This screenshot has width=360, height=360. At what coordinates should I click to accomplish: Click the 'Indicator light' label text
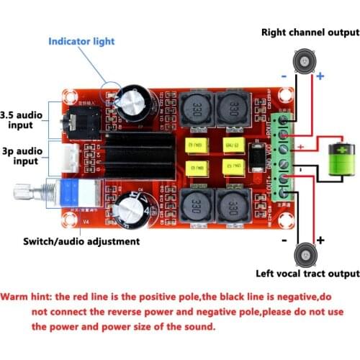point(81,41)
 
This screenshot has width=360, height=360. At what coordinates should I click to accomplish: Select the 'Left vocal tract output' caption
point(307,273)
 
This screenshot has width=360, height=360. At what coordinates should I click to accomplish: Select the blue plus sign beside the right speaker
point(320,76)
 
